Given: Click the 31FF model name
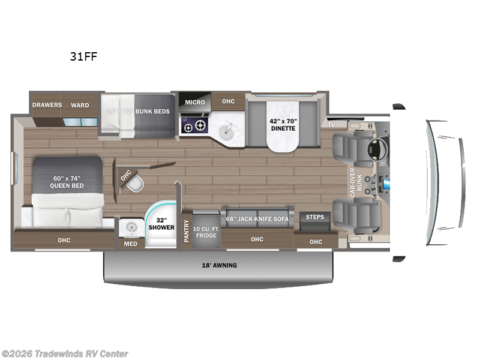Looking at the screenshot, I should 84,57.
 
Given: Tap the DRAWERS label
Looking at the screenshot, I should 47,105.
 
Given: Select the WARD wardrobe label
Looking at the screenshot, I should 80,105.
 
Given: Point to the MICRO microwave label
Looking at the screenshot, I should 194,102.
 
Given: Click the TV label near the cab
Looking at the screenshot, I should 331,125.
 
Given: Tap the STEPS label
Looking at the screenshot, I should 315,217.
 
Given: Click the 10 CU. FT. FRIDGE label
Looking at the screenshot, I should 206,231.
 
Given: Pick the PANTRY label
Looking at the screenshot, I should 186,229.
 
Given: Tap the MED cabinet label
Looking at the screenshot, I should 131,244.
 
